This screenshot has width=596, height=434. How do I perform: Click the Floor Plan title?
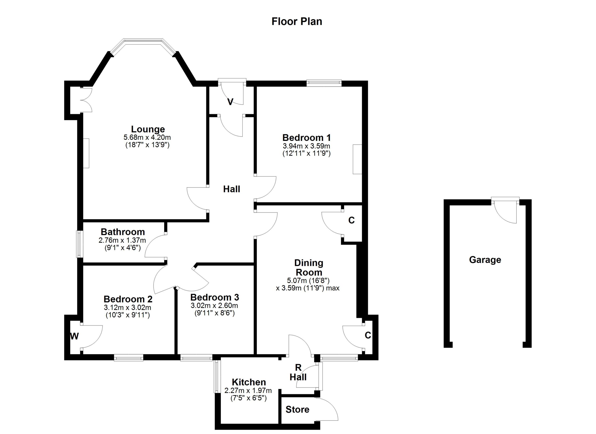(x=297, y=21)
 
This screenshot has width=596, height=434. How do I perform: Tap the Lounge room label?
(x=148, y=129)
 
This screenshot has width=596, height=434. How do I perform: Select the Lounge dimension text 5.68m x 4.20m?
(x=147, y=137)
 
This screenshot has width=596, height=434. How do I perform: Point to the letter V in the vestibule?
(x=230, y=102)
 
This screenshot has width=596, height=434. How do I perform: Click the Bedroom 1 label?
(x=306, y=138)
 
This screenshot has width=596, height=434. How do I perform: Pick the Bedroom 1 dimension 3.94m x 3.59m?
(x=306, y=146)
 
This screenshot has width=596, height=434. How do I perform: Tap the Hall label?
(x=231, y=189)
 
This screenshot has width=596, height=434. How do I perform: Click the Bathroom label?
(x=123, y=232)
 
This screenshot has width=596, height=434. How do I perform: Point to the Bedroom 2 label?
(x=128, y=299)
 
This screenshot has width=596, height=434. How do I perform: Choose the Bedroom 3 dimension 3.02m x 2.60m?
(x=214, y=305)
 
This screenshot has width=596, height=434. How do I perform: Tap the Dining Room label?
(x=309, y=268)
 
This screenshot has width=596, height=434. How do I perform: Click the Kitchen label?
(x=249, y=382)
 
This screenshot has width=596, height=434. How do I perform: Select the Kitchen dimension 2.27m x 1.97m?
(x=248, y=391)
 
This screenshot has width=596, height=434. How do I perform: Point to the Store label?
(x=298, y=410)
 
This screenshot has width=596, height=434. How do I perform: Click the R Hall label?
(x=298, y=372)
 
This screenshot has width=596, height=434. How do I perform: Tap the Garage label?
(x=485, y=260)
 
